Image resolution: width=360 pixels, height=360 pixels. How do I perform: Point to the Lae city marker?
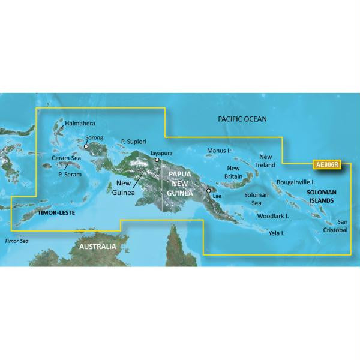[208, 191]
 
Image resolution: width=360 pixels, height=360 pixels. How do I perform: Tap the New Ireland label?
[266, 160]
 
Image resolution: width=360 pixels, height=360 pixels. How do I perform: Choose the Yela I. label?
[277, 232]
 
